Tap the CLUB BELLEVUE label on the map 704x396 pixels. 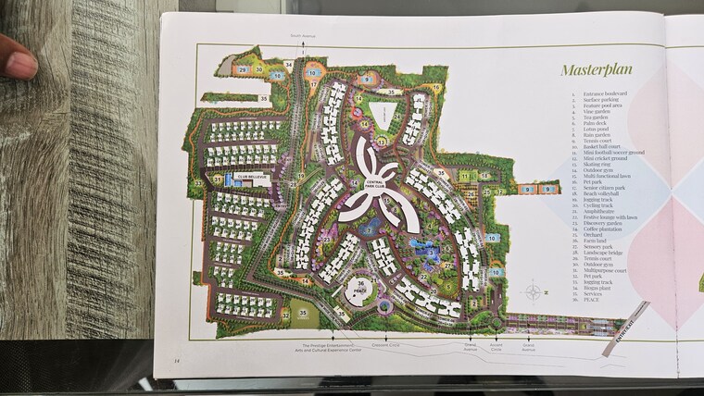[253, 175]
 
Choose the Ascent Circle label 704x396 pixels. [496, 350]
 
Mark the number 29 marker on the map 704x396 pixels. [242, 69]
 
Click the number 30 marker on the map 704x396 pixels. [259, 69]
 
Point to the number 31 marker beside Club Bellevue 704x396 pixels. [219, 179]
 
